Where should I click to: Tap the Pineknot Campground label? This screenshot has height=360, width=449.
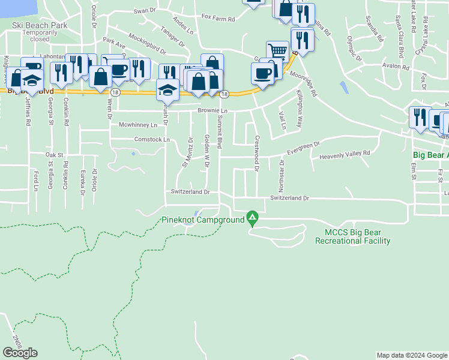pos(203,220)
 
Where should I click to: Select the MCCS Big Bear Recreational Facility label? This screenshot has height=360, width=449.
pos(352,236)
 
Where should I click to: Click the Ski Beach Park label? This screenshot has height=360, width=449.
pos(39,26)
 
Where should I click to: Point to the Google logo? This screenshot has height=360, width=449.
pos(20,353)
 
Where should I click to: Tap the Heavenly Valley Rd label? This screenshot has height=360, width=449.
pos(345,154)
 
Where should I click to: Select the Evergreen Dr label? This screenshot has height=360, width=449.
pos(304,146)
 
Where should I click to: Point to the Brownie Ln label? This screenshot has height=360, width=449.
pos(213,112)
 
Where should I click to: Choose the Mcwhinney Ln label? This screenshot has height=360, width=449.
pos(138,125)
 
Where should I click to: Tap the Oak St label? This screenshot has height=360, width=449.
pos(54,155)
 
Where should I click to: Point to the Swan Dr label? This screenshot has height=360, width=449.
pos(144,11)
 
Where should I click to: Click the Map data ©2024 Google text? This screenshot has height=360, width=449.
pos(412,355)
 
